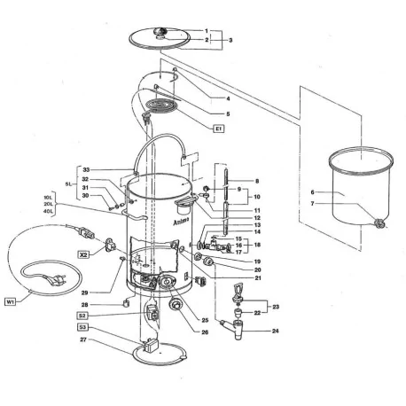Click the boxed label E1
coord(219,129)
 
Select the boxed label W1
coord(11,302)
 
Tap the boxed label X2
coord(84,254)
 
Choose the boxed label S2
coord(82,316)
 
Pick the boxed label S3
coord(82,327)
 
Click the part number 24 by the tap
coord(276,331)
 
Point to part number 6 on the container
coord(312,192)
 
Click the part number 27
coord(83,340)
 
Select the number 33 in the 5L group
coord(86,170)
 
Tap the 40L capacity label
coord(48,211)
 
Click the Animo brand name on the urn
coord(181,222)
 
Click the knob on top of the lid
coord(160,33)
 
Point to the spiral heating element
coord(162,105)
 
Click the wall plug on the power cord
coord(57,280)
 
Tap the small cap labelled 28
coord(127,302)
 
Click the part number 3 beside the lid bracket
coord(230,40)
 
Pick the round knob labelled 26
coord(175,304)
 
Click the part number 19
coord(257,262)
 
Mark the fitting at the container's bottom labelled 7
coord(379,223)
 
